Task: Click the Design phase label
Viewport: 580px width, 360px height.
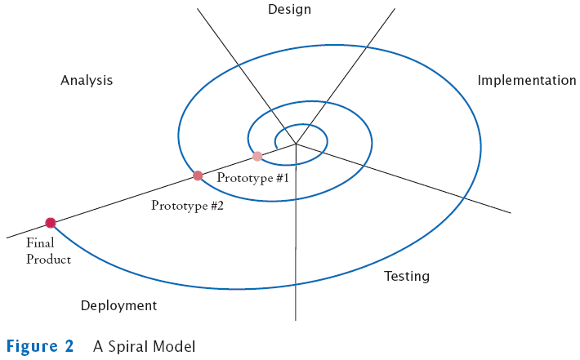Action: click(x=290, y=10)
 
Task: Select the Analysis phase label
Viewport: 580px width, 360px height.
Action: click(x=87, y=81)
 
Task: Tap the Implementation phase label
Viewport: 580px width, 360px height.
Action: click(x=527, y=81)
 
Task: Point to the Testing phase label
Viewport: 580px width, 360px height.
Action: click(x=407, y=277)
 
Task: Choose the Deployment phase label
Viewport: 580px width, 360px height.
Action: click(x=118, y=306)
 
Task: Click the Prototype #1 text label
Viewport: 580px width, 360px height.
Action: click(x=253, y=177)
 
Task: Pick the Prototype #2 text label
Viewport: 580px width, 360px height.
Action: click(x=187, y=206)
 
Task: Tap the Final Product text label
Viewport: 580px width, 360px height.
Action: click(x=48, y=251)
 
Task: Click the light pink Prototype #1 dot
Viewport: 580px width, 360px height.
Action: click(x=257, y=156)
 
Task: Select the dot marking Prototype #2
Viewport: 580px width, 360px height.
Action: click(x=198, y=176)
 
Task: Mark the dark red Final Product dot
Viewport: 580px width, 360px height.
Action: click(x=51, y=222)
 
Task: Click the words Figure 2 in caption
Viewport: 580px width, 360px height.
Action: click(x=40, y=346)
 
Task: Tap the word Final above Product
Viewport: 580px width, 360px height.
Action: click(x=39, y=243)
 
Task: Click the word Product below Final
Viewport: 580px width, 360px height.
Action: click(x=48, y=260)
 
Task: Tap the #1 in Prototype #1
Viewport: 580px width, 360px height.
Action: click(x=282, y=177)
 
